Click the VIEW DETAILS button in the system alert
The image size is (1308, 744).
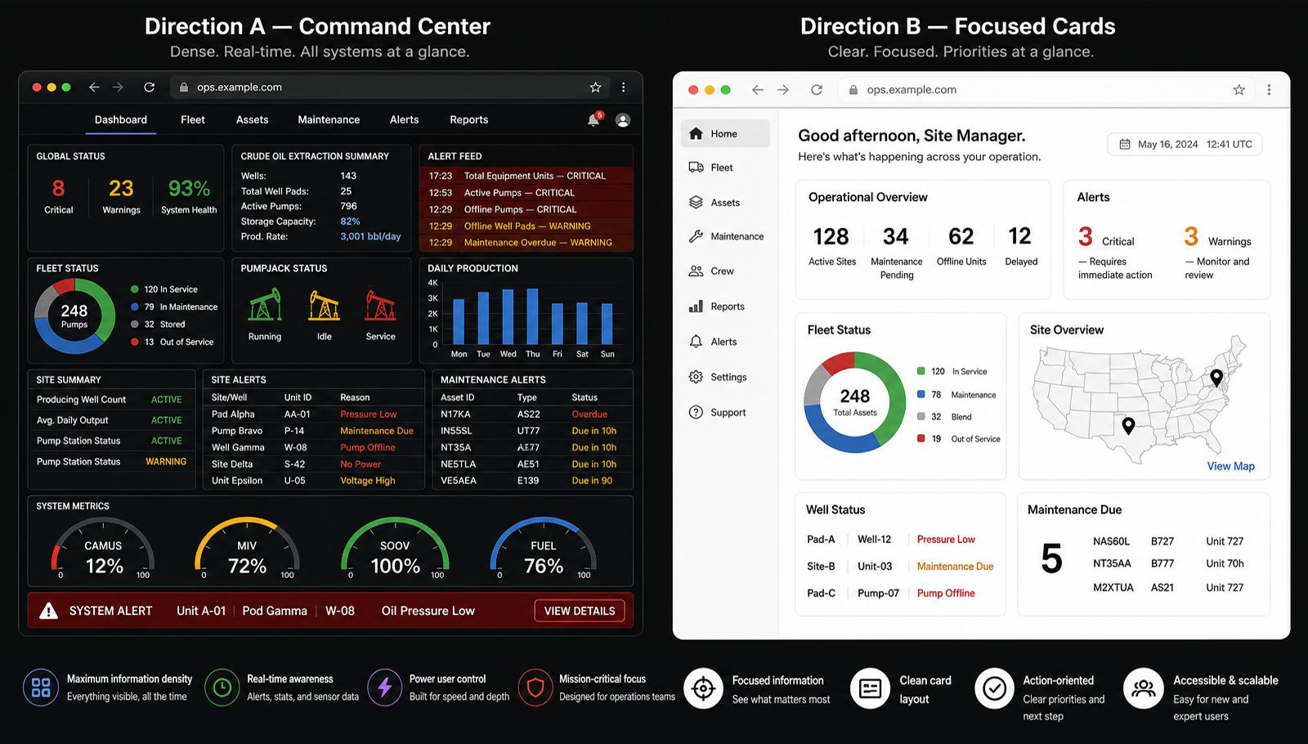(x=580, y=611)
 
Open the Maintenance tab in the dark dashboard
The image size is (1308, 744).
(x=329, y=119)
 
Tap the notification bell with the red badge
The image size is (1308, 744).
(x=594, y=119)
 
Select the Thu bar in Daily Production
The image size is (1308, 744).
(x=532, y=316)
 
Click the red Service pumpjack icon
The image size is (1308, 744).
(x=380, y=305)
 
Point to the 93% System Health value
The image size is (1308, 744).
(x=189, y=188)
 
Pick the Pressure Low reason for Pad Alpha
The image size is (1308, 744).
(x=369, y=414)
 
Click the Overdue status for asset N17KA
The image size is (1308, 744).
(x=589, y=414)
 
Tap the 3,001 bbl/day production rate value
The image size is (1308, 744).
(x=370, y=236)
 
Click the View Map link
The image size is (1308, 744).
(x=1230, y=466)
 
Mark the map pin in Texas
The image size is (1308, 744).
(x=1128, y=426)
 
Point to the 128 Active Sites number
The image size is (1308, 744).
(x=831, y=236)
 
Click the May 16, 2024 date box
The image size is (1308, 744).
(x=1185, y=144)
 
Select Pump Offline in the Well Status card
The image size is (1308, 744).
(x=945, y=593)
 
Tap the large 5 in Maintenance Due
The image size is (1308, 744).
(x=1051, y=558)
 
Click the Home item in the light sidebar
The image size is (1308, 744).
(x=725, y=134)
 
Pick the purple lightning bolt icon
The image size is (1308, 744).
(x=384, y=688)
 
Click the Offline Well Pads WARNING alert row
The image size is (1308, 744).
(x=526, y=226)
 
